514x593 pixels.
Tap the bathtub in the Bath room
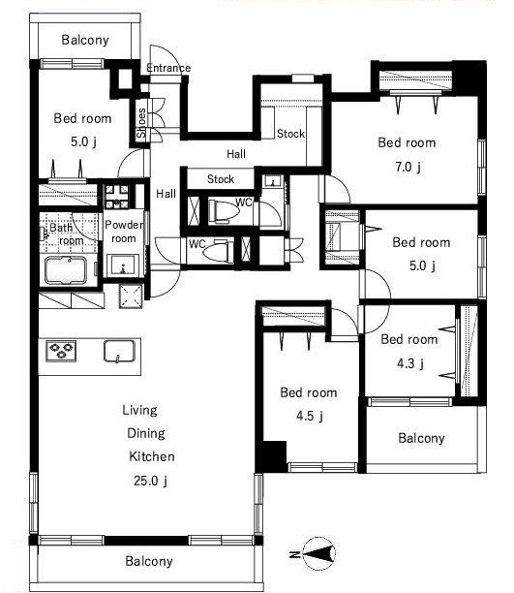click(67, 270)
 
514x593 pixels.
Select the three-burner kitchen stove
click(61, 351)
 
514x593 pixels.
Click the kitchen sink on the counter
click(119, 351)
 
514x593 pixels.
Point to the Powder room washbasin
click(123, 265)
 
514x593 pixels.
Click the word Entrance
click(168, 68)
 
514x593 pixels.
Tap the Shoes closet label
click(141, 123)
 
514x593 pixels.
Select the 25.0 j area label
click(150, 481)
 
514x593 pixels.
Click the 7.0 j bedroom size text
click(408, 167)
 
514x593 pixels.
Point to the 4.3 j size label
click(410, 363)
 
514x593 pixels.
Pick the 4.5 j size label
click(310, 416)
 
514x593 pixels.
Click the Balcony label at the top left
click(85, 40)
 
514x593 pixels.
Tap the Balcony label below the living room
click(149, 561)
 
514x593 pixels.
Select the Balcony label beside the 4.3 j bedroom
click(421, 438)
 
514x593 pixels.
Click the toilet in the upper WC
click(225, 211)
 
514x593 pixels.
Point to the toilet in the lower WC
click(218, 251)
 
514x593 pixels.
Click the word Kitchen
click(152, 456)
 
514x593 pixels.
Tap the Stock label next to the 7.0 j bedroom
click(290, 134)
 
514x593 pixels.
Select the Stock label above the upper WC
click(221, 179)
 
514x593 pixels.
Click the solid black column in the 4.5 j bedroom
click(275, 456)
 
